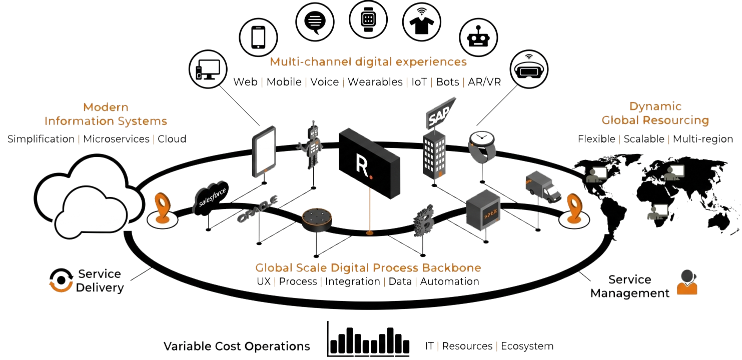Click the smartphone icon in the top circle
[258, 37]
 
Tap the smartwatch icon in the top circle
[368, 19]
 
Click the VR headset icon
[529, 67]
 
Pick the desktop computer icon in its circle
[208, 69]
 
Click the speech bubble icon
[315, 22]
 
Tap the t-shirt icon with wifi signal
[421, 22]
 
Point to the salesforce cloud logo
[211, 197]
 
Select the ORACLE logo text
[258, 208]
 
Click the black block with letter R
[369, 163]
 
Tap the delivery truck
[543, 186]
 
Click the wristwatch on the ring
[482, 147]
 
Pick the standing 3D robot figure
[311, 145]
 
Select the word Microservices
[116, 139]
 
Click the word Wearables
[375, 81]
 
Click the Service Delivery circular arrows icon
[61, 280]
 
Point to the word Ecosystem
[527, 346]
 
